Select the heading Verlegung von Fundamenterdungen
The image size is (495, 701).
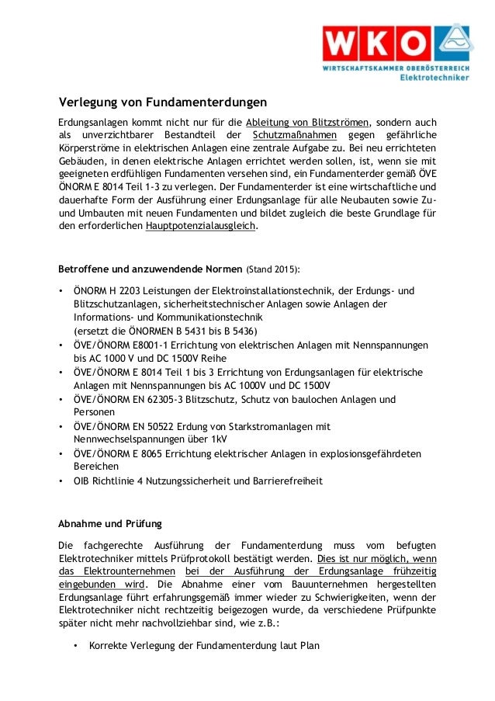click(x=163, y=102)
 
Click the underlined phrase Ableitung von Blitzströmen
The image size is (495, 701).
click(x=308, y=123)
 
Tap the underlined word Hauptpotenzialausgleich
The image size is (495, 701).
click(x=199, y=227)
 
